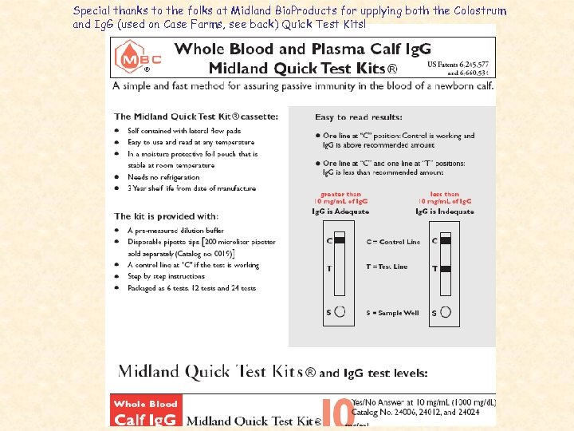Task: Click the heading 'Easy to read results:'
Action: coord(348,117)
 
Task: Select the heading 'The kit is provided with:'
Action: coord(166,216)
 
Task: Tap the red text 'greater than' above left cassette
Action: coord(340,194)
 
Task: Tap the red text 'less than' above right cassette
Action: coord(444,194)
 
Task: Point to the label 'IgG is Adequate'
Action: coord(340,212)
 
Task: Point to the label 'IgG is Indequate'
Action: coord(444,212)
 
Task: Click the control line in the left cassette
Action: coord(340,240)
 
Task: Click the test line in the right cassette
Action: coord(445,268)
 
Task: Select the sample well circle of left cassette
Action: coord(340,312)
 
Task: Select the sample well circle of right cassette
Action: coord(445,312)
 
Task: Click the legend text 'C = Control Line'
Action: coord(392,241)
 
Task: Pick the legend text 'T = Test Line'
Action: coord(387,267)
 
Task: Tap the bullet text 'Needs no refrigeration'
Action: coord(163,177)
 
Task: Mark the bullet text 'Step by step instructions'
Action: coord(167,276)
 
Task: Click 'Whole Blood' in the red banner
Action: coord(145,404)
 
